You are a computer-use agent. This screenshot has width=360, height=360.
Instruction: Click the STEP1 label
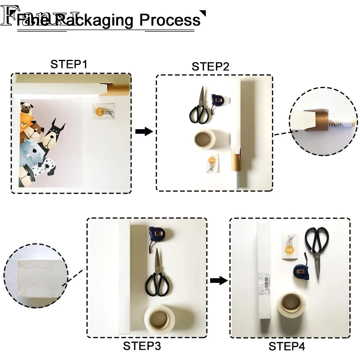[68, 64]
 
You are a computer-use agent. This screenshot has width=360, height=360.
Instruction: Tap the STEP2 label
[210, 67]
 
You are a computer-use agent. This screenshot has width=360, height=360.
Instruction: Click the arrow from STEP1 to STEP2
[144, 131]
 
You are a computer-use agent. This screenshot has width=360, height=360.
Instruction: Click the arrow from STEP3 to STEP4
[219, 280]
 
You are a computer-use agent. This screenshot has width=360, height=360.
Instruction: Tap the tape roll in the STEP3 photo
[164, 319]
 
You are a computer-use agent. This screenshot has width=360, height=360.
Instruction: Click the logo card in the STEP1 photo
[104, 111]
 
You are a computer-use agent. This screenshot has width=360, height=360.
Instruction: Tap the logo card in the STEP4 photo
[290, 246]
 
